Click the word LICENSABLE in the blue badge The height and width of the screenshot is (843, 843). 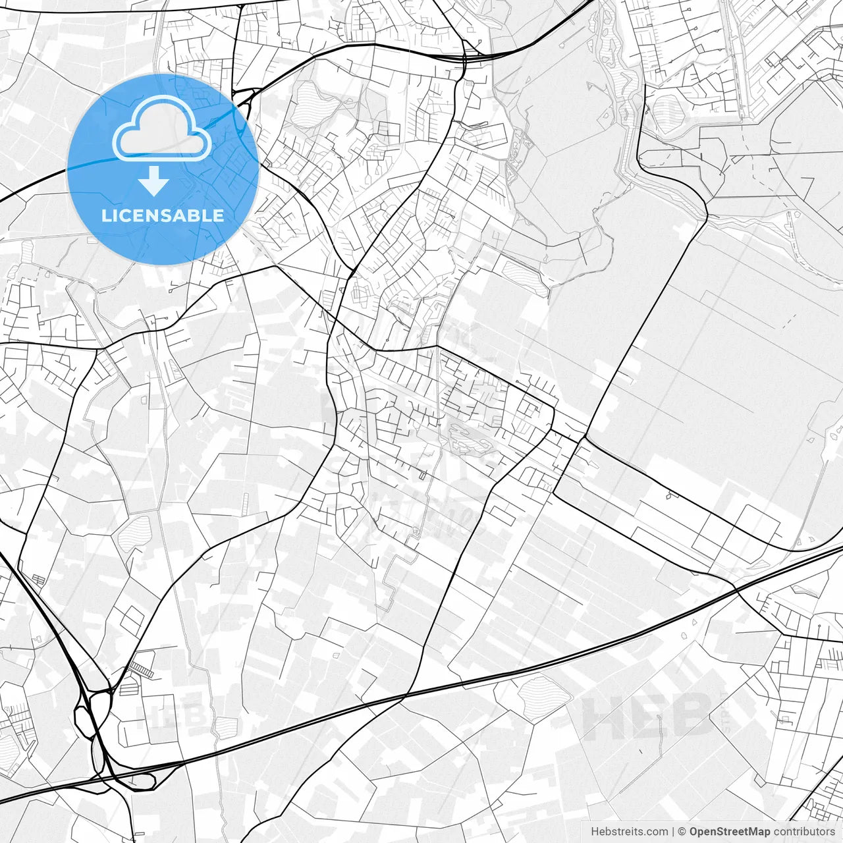click(162, 216)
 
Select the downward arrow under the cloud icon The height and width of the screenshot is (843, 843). click(153, 181)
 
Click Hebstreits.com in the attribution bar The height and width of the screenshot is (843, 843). click(629, 832)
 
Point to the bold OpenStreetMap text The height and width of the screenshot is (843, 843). click(730, 832)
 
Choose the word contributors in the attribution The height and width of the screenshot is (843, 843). click(804, 832)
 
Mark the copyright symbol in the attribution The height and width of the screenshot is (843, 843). click(682, 832)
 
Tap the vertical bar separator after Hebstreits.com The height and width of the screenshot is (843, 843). click(672, 832)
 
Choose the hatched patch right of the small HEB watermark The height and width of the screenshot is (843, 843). click(227, 726)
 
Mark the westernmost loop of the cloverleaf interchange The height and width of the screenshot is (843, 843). click(83, 718)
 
